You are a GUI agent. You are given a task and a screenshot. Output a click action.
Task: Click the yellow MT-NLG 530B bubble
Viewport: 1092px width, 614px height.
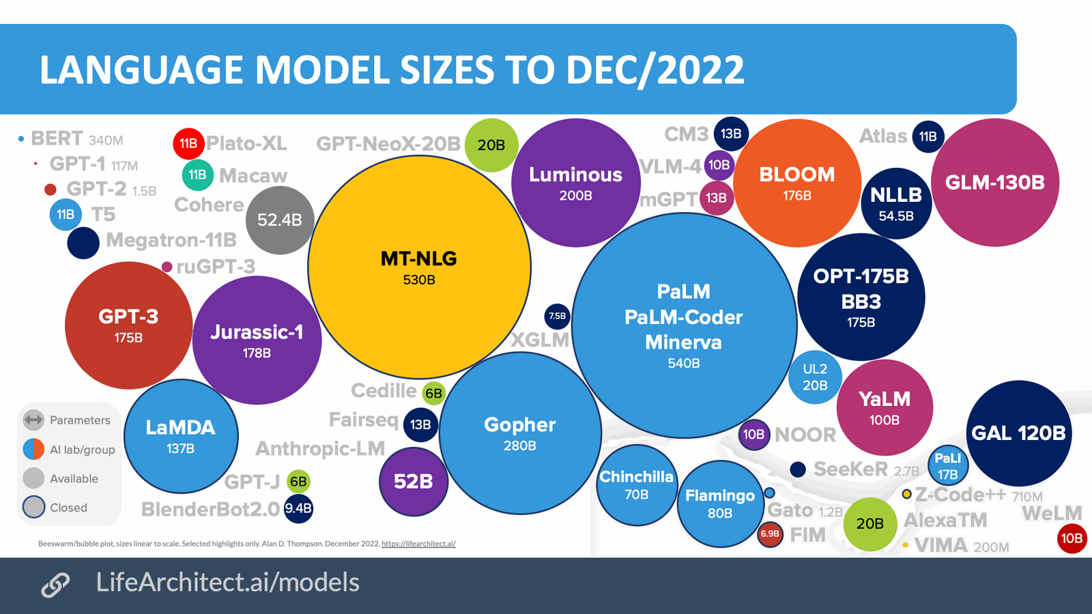[419, 267]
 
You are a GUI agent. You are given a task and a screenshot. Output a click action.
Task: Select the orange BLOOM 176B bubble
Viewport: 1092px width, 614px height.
[796, 183]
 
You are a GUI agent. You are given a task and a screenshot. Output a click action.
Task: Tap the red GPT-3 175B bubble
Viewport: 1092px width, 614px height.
[128, 325]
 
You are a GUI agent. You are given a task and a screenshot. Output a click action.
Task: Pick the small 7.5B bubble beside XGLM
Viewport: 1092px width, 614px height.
[558, 316]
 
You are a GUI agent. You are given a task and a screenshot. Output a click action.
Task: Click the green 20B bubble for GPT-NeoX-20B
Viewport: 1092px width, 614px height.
[491, 145]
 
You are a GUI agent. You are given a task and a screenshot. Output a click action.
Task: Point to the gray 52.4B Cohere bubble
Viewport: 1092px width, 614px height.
[279, 220]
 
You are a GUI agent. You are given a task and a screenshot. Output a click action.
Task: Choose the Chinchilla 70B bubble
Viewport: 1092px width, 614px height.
[636, 485]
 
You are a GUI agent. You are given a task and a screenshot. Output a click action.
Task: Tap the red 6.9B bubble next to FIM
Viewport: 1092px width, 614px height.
[770, 534]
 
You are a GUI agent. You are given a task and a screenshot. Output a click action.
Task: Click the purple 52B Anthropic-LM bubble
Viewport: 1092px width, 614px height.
[413, 482]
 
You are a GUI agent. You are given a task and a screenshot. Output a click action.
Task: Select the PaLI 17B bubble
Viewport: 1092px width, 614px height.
[947, 466]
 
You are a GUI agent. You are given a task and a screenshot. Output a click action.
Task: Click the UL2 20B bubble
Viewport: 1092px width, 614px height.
[814, 377]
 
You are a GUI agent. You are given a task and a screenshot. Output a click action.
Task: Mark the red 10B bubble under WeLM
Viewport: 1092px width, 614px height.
[1071, 538]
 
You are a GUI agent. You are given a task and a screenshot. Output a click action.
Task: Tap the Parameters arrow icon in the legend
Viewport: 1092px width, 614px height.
[33, 420]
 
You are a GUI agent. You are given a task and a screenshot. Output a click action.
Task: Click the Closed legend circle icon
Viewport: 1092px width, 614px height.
[33, 507]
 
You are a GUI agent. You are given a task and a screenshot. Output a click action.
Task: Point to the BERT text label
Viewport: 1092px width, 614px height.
[57, 138]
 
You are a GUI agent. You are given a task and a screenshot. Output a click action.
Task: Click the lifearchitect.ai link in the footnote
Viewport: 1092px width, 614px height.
[418, 544]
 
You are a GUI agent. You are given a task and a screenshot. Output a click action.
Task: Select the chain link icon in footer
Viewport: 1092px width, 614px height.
[55, 584]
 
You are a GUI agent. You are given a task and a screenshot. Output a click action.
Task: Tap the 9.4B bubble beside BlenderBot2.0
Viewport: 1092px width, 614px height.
[298, 508]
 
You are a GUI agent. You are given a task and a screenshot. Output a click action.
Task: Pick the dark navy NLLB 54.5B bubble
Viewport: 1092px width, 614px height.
[895, 203]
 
